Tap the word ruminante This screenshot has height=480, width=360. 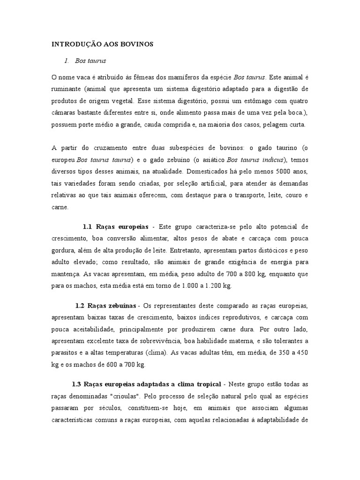[x=67, y=89]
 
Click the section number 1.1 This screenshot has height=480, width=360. [x=88, y=226]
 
